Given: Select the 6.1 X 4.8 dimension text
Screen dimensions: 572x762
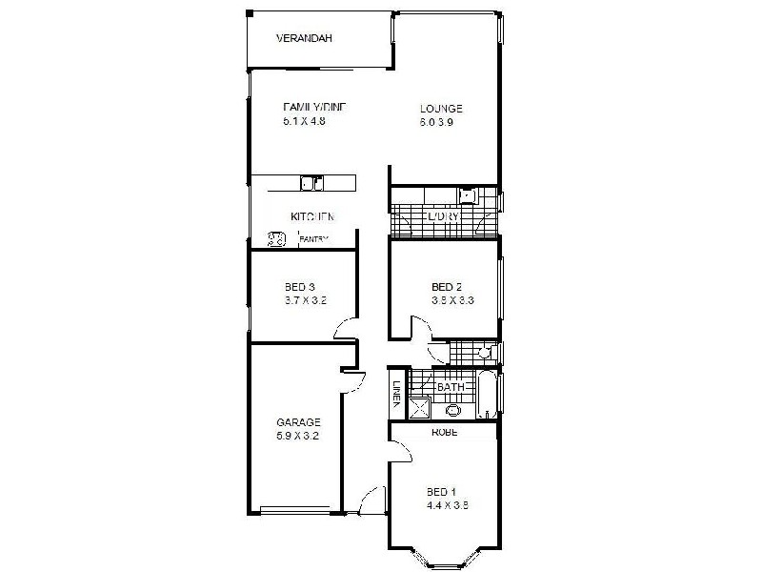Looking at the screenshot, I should tap(305, 121).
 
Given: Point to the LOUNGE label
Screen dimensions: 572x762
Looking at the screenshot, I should tap(440, 108).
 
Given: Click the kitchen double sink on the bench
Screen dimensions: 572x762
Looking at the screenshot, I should tap(311, 182).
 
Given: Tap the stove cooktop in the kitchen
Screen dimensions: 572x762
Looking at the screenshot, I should tap(276, 238).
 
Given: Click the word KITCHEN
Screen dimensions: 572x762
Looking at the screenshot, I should tap(312, 217).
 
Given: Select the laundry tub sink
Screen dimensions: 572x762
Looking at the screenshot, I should tap(467, 196).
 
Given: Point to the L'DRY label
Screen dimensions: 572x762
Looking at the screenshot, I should tap(444, 217).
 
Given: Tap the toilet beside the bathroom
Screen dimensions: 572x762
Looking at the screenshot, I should tap(484, 353).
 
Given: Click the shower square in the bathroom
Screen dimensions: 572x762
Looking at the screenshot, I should tap(419, 408).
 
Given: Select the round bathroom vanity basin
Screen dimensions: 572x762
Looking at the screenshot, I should tap(453, 411).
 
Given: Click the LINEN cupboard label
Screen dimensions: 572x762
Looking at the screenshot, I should tap(396, 393).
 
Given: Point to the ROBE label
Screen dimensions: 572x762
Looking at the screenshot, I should tap(444, 432).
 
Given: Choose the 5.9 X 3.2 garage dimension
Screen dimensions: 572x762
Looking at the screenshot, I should tap(298, 437).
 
